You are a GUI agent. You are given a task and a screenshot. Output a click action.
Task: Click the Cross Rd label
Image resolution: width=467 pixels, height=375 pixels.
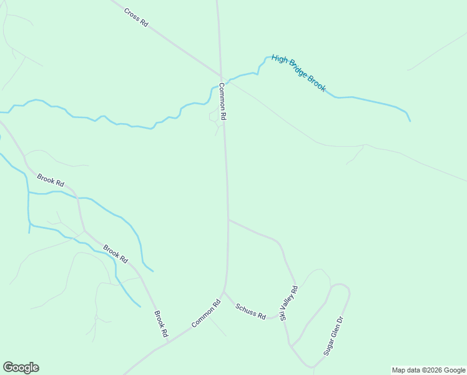pos(136,17)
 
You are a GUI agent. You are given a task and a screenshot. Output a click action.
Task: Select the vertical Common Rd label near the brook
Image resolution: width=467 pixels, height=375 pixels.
pos(222,102)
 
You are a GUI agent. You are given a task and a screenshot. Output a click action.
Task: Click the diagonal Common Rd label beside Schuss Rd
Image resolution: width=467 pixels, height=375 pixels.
pos(206,314)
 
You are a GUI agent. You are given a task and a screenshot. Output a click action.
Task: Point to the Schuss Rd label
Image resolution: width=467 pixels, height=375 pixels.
pos(250,311)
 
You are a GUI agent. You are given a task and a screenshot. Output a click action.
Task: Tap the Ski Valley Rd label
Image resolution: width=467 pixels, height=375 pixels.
pos(289,303)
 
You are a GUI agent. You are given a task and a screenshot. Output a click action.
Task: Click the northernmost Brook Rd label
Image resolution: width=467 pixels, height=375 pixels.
pos(51,181)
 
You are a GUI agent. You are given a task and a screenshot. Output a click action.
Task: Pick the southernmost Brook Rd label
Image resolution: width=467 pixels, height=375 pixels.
pos(161,324)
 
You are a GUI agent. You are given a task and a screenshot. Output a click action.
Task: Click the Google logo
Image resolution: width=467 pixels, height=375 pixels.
pos(21,367)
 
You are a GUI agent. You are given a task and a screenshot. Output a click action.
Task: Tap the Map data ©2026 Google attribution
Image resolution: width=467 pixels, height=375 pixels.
pos(429,370)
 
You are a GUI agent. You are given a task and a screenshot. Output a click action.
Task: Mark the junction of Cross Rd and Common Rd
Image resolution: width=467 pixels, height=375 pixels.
pos(220,76)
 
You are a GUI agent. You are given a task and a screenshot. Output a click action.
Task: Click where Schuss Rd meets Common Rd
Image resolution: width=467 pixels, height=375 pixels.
pos(224,291)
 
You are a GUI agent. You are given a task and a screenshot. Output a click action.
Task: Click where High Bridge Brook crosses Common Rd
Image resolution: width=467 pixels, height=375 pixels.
pos(220,83)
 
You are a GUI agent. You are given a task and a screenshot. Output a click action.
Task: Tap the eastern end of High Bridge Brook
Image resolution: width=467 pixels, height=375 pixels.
pos(410,120)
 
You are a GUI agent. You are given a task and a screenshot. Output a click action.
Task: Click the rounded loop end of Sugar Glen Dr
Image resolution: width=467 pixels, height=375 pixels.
pos(340,286)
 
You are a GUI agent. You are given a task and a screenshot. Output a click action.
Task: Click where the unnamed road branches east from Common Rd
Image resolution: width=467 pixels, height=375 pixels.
pos(229,219)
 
